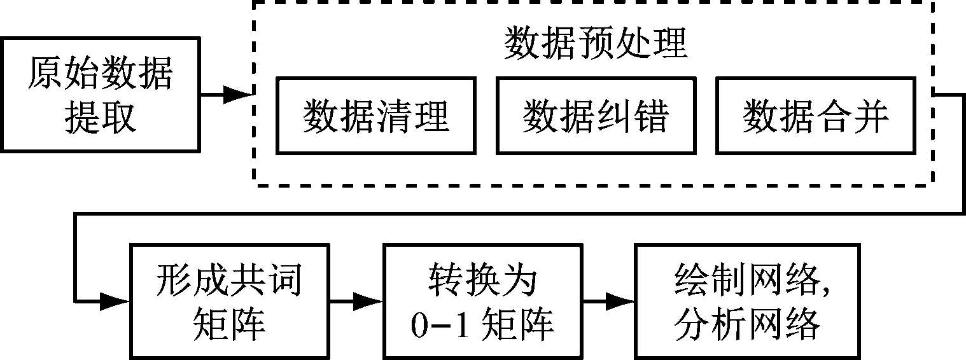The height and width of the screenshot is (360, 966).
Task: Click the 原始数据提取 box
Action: click(101, 94)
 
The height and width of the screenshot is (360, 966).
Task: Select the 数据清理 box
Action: click(376, 115)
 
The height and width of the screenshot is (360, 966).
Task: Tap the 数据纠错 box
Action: click(596, 115)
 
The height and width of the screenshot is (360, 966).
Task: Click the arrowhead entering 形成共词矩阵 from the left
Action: click(115, 300)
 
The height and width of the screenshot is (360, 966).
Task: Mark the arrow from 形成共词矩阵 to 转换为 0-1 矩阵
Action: click(356, 300)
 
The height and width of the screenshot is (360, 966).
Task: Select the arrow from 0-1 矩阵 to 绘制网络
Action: click(608, 300)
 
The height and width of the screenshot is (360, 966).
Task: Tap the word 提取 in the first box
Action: click(101, 117)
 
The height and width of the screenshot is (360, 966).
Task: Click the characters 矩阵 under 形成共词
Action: click(228, 325)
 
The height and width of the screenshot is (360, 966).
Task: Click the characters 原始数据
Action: click(101, 74)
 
